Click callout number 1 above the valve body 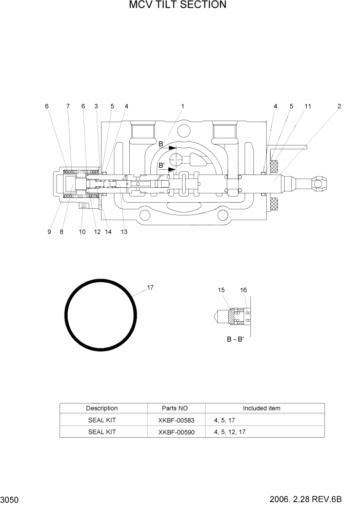[x=182, y=106]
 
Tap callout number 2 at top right [x=339, y=106]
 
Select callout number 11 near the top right [x=308, y=106]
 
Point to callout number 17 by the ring [x=150, y=287]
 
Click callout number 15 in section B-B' [x=221, y=290]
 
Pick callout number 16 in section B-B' [x=244, y=290]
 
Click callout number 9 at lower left [x=49, y=232]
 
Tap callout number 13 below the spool [x=124, y=232]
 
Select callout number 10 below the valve [x=82, y=232]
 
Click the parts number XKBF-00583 [x=176, y=420]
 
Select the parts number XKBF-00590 [x=176, y=432]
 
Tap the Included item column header [x=262, y=408]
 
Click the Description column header [x=102, y=408]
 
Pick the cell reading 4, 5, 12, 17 [x=229, y=432]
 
